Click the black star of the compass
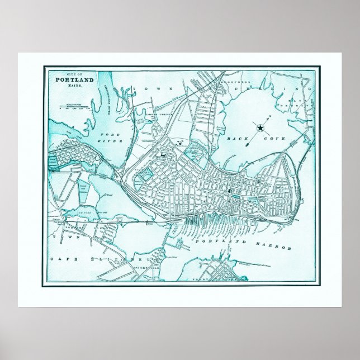point(260,128)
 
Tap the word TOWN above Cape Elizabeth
point(58,236)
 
